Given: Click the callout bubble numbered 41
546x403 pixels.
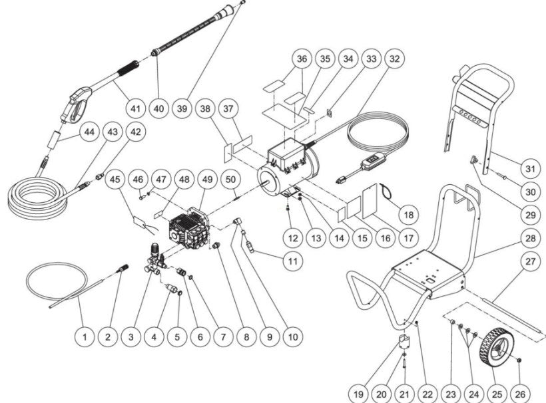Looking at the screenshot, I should click(x=136, y=106).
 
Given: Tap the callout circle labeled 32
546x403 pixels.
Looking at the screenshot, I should click(x=395, y=59).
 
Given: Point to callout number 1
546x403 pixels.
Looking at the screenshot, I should click(x=85, y=337).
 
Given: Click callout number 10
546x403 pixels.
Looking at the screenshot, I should click(x=291, y=337).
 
